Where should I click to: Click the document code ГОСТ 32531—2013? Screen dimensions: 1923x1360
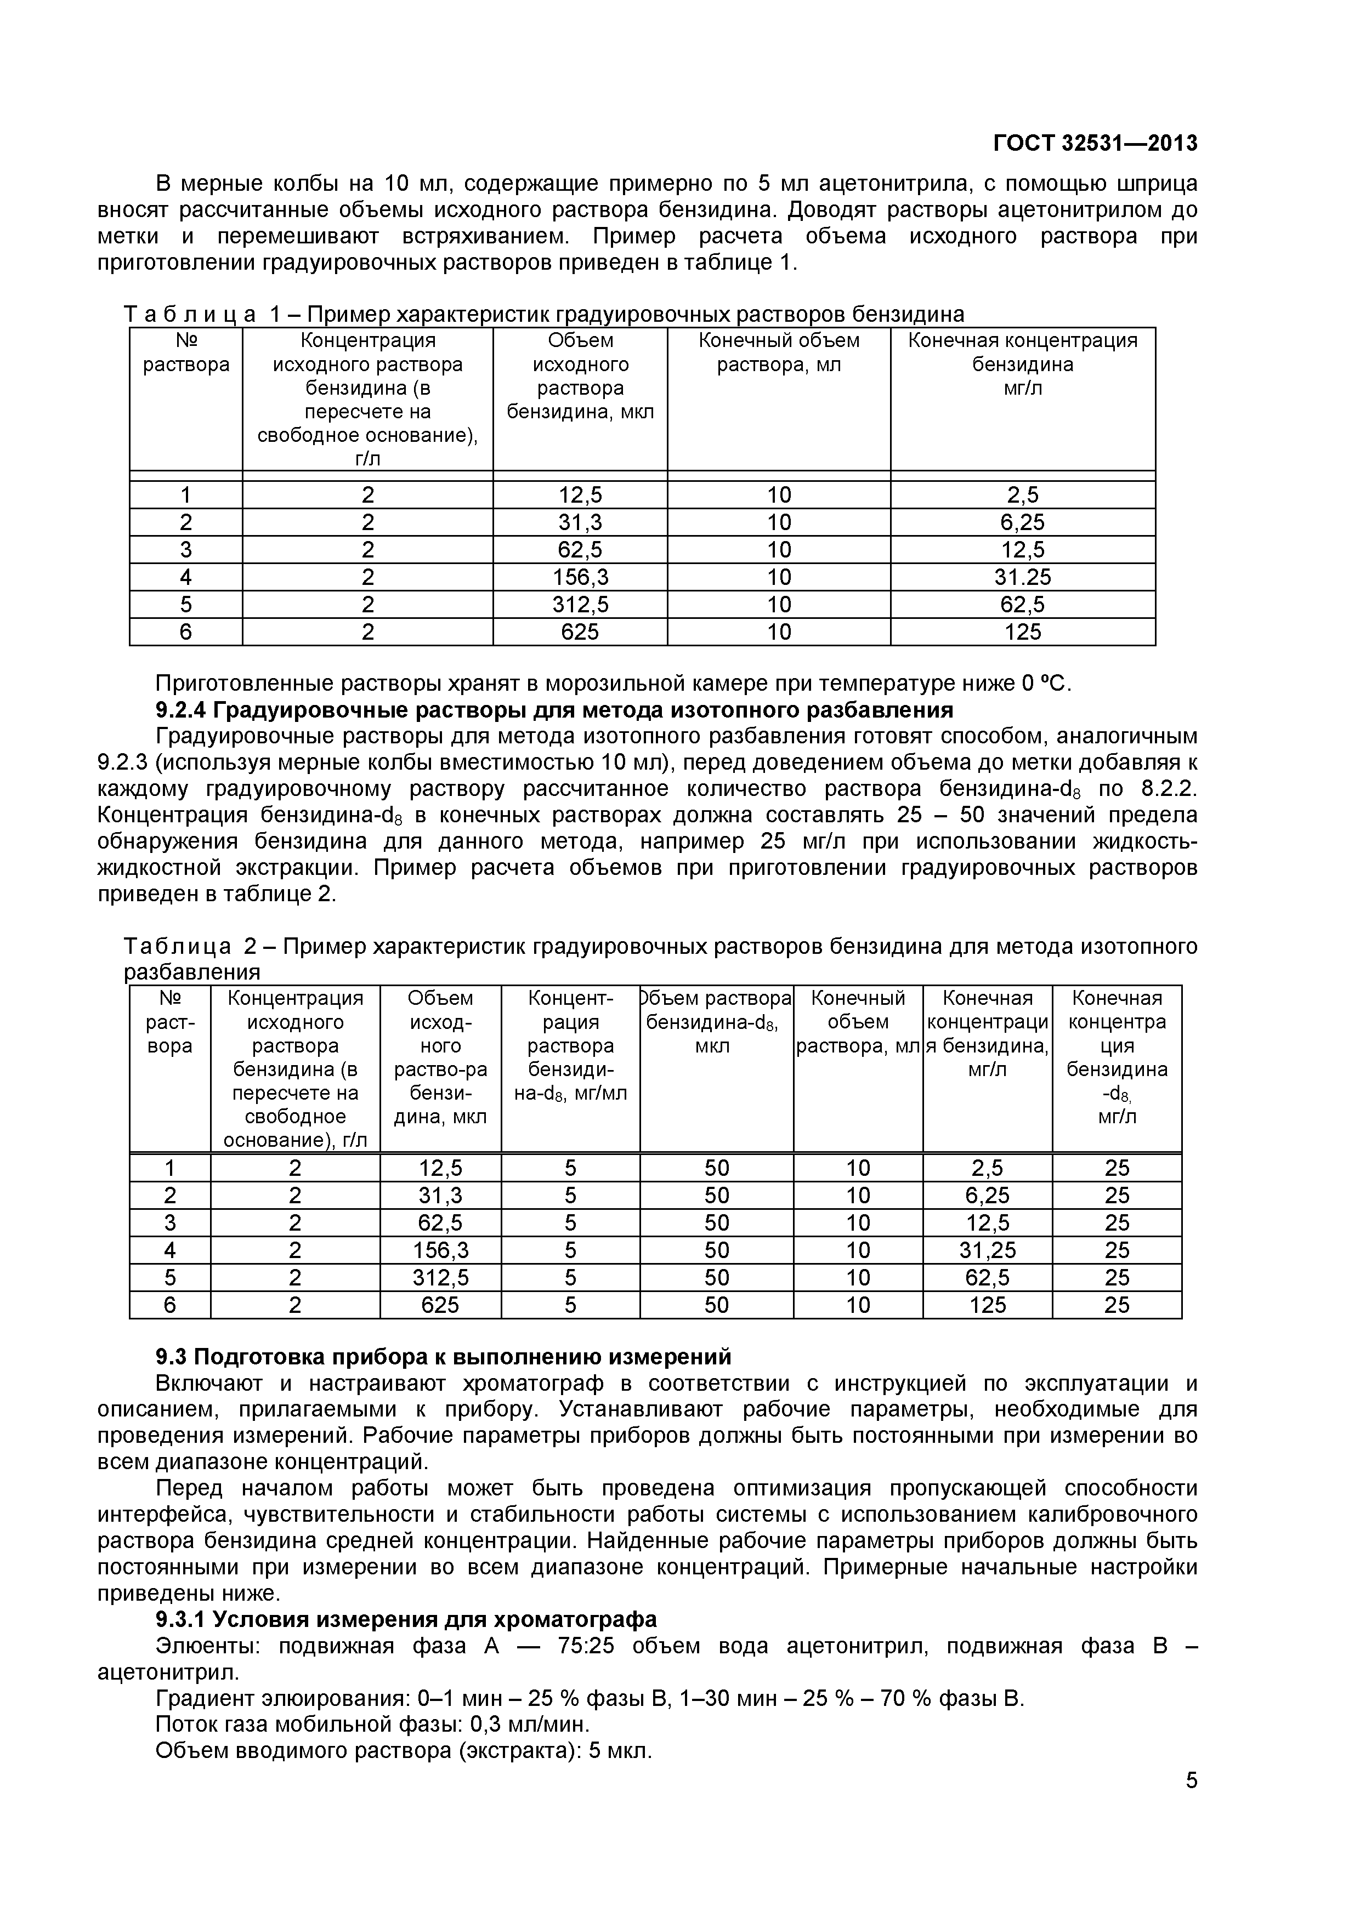(x=1095, y=143)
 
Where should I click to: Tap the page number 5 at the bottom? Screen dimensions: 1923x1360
(x=1191, y=1804)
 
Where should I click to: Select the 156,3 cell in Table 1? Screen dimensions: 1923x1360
(x=580, y=577)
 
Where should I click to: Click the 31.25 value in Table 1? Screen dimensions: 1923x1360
(x=1022, y=577)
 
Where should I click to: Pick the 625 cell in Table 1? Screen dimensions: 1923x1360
(x=580, y=631)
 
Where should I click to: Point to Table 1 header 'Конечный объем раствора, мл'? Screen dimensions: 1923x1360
(x=779, y=352)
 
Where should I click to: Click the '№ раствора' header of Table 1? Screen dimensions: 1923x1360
(x=186, y=352)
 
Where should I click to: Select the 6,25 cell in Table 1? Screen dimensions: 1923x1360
(x=1022, y=522)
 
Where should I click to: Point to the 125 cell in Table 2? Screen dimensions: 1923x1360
(x=987, y=1305)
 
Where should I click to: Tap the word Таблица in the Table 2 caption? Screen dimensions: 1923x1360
(x=178, y=946)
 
